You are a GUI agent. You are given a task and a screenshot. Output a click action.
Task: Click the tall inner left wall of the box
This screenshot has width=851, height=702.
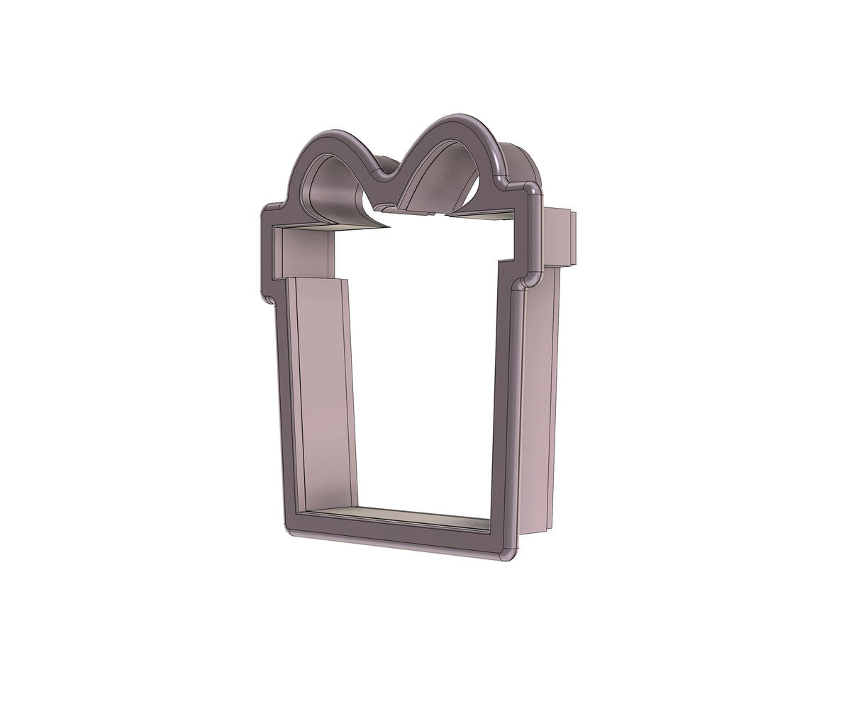pos(323,390)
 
